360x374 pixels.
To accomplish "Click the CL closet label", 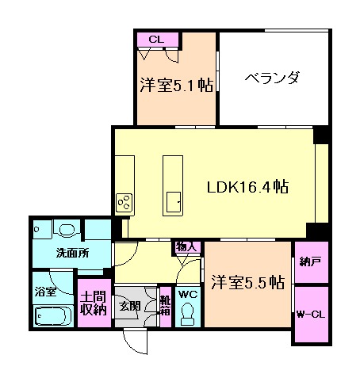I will click(155, 38).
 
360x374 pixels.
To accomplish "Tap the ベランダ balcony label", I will click(271, 78).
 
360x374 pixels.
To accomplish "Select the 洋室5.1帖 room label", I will click(176, 85).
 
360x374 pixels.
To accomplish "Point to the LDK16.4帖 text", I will click(247, 188).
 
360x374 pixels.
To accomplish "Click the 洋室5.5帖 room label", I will click(248, 281).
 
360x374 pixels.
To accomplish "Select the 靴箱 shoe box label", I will click(165, 306).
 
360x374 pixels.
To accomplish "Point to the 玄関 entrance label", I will click(130, 306).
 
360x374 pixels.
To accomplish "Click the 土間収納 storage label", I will click(94, 303).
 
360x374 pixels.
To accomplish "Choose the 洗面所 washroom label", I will click(71, 254).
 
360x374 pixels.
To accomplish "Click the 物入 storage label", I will click(186, 247).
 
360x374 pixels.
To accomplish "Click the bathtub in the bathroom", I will click(52, 319).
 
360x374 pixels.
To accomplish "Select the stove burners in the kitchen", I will click(125, 202).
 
